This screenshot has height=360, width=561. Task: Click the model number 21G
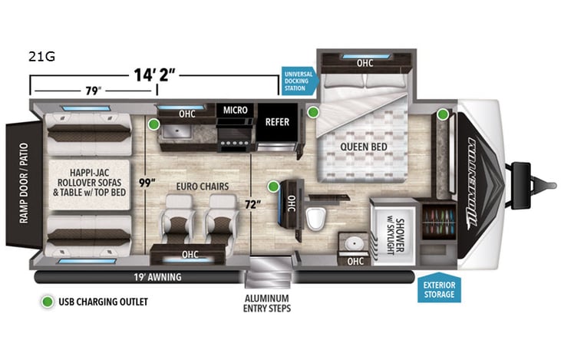point(41,56)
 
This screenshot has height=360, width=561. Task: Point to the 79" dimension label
point(94,91)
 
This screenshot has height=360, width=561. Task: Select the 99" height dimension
point(158,183)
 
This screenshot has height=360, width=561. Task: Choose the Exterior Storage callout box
point(440,291)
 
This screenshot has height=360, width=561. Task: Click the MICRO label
point(235,110)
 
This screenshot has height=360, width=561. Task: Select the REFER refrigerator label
point(276,121)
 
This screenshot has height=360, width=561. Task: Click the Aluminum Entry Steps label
point(267,302)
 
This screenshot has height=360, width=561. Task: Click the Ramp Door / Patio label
point(17,184)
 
